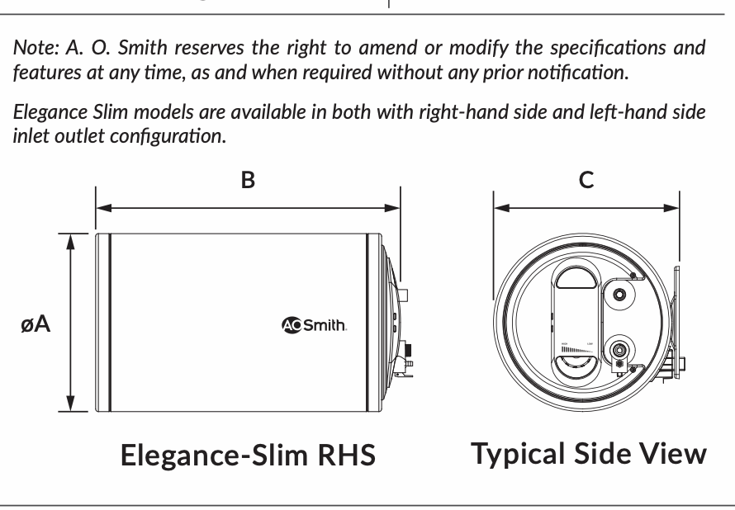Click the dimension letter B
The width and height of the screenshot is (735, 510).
[247, 180]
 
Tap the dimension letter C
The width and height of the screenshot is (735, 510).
[586, 180]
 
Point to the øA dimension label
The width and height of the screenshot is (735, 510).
[37, 323]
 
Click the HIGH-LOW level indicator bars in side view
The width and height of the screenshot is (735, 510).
[577, 350]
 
